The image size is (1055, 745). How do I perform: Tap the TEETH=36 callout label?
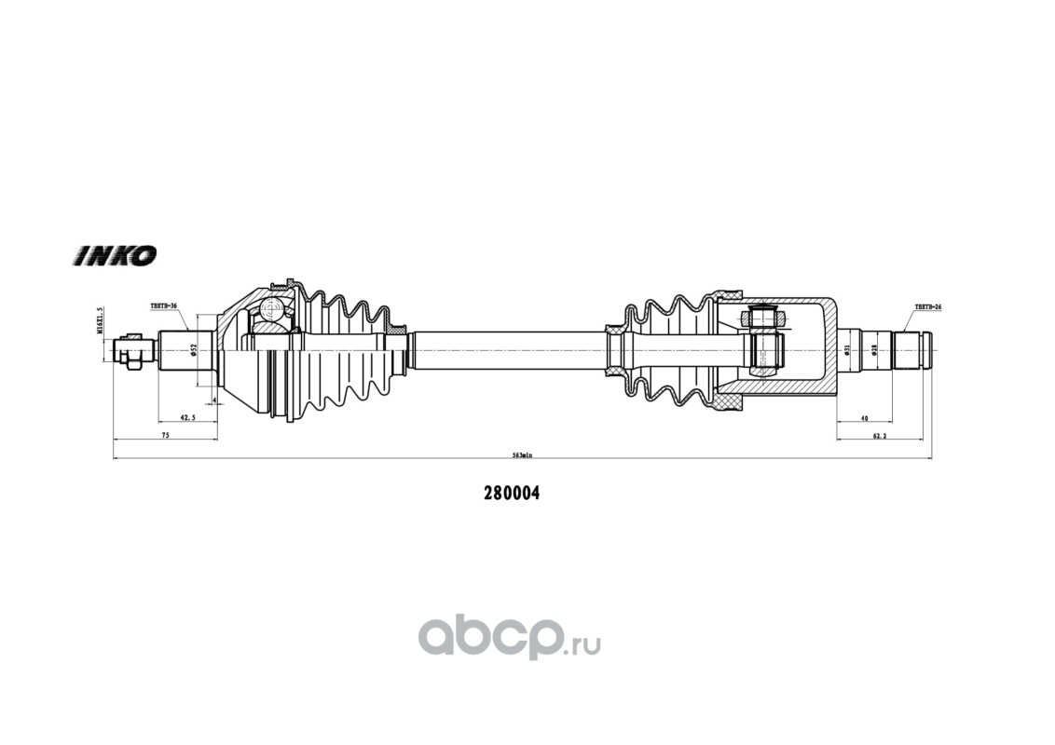click(163, 305)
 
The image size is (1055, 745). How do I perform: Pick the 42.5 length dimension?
click(186, 419)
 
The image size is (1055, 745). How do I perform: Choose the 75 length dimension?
click(164, 435)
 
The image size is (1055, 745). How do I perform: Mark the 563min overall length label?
click(522, 455)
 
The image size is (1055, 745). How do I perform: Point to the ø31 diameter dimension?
click(846, 350)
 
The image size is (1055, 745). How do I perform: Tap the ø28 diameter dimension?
click(873, 350)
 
